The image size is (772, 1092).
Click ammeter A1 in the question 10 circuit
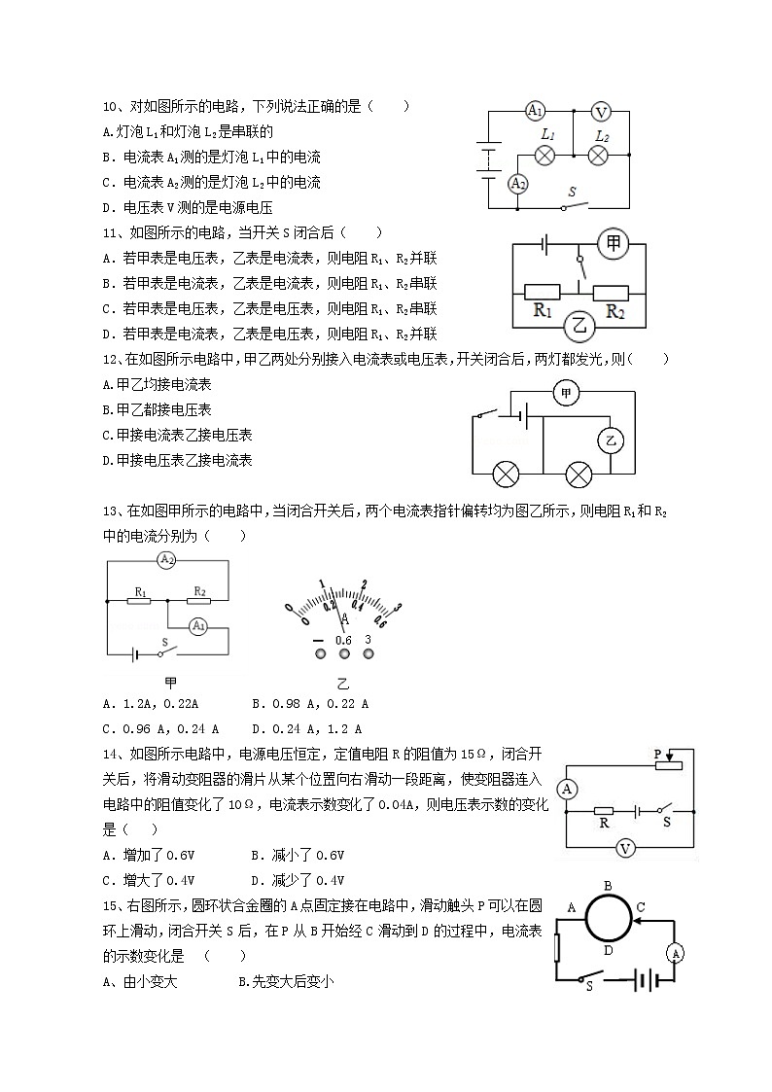click(535, 111)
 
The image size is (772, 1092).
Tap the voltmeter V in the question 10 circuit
click(601, 111)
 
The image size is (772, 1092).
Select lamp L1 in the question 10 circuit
click(546, 155)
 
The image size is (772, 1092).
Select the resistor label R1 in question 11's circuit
click(542, 312)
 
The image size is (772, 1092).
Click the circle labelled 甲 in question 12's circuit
click(566, 393)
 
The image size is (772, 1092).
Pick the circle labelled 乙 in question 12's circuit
click(611, 440)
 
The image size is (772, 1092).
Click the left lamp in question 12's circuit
click(506, 475)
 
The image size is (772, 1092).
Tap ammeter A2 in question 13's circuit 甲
click(167, 560)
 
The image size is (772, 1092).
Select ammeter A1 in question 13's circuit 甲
click(198, 625)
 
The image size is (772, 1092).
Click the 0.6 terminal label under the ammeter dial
click(343, 640)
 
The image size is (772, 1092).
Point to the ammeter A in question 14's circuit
click(569, 789)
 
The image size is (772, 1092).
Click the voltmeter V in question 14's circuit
click(626, 849)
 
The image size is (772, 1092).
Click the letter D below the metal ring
click(608, 951)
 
